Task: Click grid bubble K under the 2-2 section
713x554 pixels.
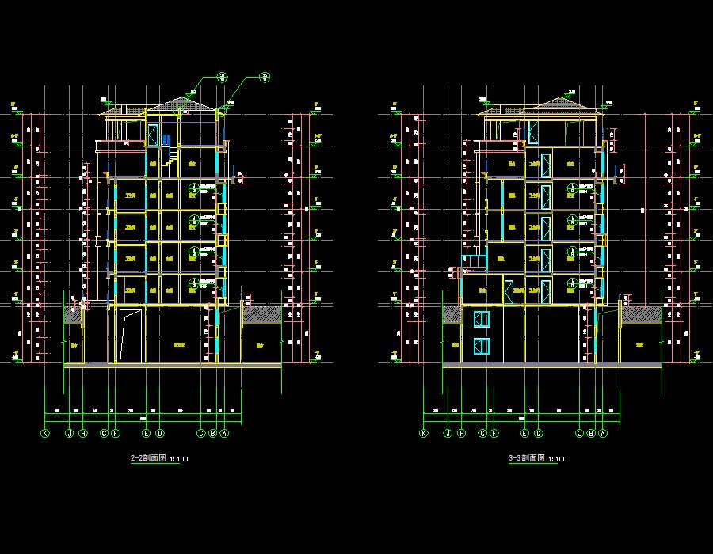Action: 45,434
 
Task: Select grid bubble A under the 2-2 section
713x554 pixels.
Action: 224,434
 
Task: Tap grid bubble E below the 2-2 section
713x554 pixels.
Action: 147,434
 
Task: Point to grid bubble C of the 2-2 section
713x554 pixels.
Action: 201,434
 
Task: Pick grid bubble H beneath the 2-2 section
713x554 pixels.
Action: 82,434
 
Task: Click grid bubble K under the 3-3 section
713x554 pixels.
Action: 424,434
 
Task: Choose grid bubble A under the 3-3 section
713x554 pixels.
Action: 603,434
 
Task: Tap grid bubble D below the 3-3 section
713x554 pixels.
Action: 539,434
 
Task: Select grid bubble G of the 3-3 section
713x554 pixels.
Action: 482,434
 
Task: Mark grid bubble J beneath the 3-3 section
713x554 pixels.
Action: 448,434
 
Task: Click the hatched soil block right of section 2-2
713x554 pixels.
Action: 261,314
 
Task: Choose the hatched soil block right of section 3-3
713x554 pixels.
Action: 640,314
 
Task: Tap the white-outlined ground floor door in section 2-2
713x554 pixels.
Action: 131,336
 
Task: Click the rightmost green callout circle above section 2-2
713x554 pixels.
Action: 265,77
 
